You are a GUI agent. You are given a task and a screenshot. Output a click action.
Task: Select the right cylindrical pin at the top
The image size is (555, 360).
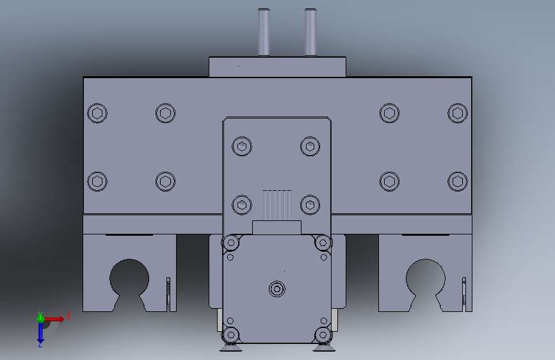coord(311,32)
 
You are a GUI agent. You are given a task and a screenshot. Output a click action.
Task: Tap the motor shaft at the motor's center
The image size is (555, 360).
coord(277,289)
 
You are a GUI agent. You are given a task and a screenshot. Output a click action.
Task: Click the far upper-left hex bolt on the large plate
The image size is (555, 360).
coord(97,113)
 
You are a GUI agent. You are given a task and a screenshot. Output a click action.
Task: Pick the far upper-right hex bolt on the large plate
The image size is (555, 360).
coord(457,113)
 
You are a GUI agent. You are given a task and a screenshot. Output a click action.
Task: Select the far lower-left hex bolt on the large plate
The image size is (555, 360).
coord(97,181)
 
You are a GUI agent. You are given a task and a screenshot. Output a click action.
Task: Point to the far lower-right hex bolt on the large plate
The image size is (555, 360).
coord(457,181)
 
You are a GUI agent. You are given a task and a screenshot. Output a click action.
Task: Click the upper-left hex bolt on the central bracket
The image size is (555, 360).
coord(241,146)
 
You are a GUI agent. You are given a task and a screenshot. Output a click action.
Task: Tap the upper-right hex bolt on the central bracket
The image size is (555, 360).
coord(310,146)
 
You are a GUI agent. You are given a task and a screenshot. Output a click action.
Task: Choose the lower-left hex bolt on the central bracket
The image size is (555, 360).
coord(241,204)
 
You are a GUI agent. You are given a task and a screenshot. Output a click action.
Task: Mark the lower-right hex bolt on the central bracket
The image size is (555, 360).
coord(310,204)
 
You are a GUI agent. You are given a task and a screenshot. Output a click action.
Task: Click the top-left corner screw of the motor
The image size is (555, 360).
coord(230,243)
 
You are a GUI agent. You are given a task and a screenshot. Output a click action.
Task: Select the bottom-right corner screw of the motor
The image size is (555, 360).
coord(323,335)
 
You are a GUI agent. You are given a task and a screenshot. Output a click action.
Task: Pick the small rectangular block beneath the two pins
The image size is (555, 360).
coord(277,67)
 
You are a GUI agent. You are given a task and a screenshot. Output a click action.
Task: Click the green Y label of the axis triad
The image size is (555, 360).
coord(40,315)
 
